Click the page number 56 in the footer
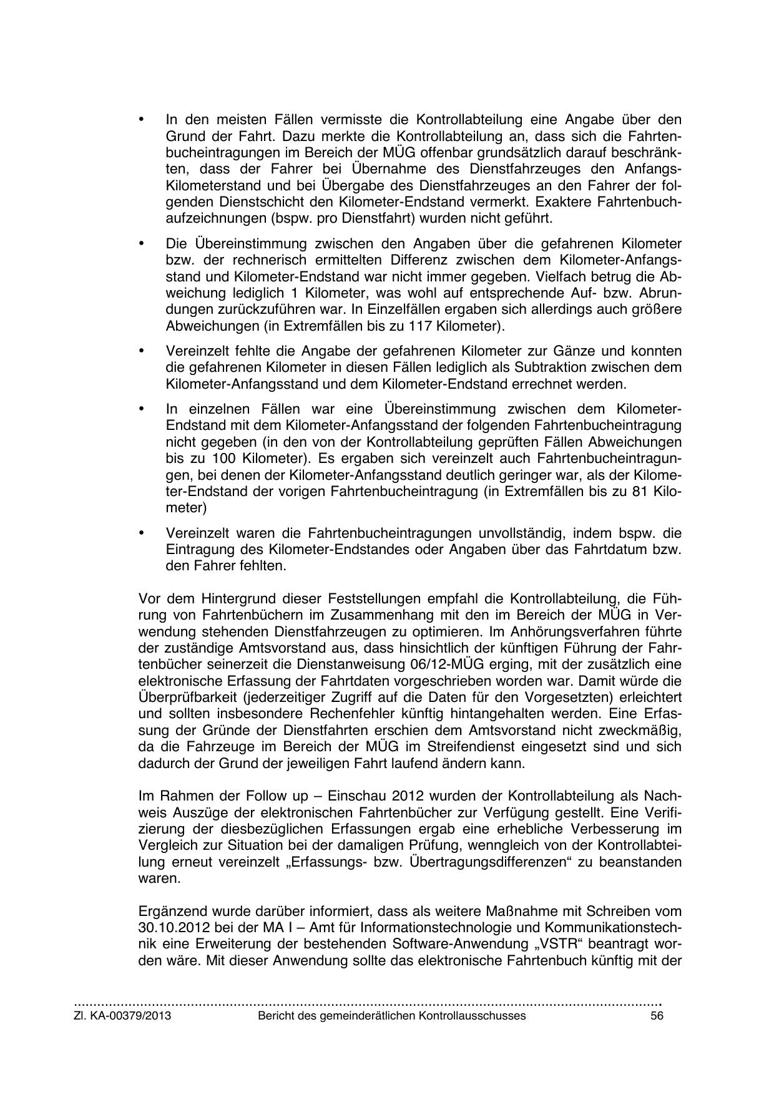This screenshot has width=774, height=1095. click(x=656, y=1016)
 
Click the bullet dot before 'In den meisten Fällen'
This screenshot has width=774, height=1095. click(x=141, y=119)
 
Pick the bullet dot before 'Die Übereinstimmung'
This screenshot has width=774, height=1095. click(x=141, y=243)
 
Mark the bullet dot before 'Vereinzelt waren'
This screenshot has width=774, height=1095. click(x=141, y=533)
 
